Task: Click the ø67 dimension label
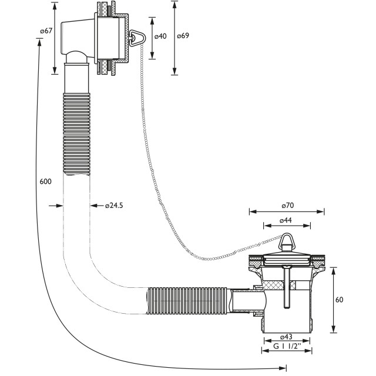click(46, 31)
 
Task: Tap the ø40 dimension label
click(160, 36)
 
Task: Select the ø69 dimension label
click(183, 35)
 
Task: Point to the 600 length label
click(46, 182)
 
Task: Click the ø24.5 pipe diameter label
click(114, 206)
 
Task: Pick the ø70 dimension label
click(288, 206)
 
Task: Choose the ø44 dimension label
click(286, 220)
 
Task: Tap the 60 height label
click(340, 300)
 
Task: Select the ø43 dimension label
click(286, 337)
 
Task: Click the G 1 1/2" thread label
click(287, 346)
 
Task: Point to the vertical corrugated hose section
click(76, 134)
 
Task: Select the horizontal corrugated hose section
click(187, 300)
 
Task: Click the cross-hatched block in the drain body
click(279, 285)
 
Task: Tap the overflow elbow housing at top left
click(77, 39)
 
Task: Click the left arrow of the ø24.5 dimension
click(56, 206)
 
